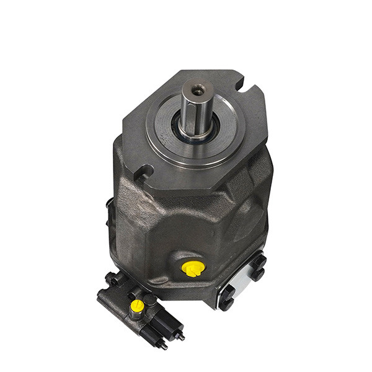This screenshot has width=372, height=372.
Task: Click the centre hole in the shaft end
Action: [x=197, y=91]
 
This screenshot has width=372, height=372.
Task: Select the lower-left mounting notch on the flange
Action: [x=144, y=169]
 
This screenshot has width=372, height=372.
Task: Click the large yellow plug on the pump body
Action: [x=192, y=267]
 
